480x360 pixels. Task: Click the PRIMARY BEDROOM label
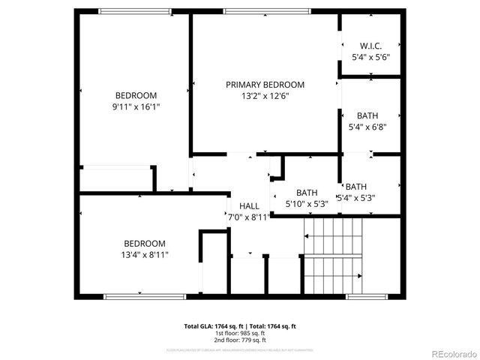click(x=265, y=85)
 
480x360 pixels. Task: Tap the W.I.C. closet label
click(x=370, y=46)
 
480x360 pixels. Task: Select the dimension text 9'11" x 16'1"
click(x=136, y=106)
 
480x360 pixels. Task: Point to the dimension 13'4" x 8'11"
click(x=145, y=255)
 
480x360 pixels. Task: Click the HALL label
click(x=249, y=206)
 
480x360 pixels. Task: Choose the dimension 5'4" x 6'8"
click(x=368, y=127)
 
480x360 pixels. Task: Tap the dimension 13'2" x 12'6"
click(x=265, y=96)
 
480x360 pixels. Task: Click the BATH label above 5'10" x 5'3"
click(x=307, y=192)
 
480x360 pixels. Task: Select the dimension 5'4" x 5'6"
click(x=370, y=57)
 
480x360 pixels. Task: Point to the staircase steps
click(x=332, y=255)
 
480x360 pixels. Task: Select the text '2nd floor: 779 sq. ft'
click(x=240, y=340)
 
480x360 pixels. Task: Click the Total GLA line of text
click(x=240, y=326)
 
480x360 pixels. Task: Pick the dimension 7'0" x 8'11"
click(x=249, y=217)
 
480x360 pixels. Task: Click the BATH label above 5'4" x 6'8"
click(x=367, y=115)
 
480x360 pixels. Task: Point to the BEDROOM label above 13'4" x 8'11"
click(x=145, y=244)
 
